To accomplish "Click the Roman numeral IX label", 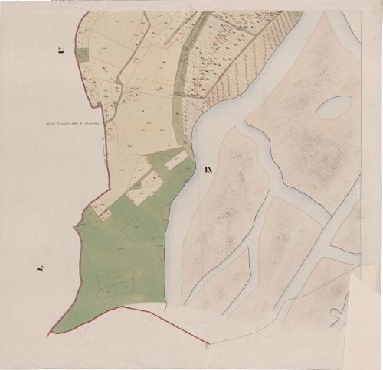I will [x=208, y=169].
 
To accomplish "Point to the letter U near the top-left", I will [x=60, y=52].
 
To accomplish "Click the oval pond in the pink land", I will [x=335, y=107].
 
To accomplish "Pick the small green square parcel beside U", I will [x=82, y=55].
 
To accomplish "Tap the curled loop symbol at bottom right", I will [x=335, y=313].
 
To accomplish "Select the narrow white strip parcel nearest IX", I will [x=175, y=159].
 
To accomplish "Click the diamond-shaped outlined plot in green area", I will [x=136, y=229].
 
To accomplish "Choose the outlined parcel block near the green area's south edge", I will [x=115, y=281].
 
